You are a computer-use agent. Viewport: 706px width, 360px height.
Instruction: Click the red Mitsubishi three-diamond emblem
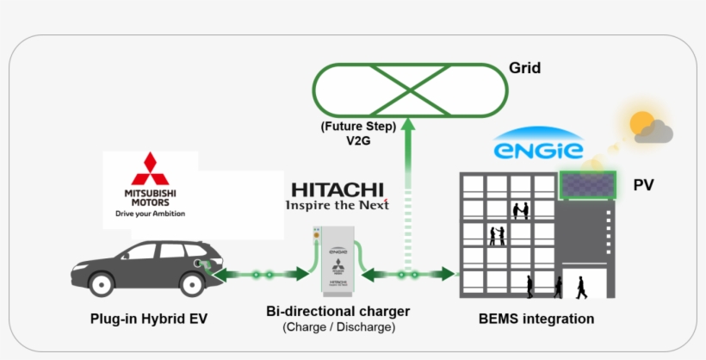pos(151,166)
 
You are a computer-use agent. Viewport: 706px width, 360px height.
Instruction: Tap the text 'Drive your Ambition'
pos(151,213)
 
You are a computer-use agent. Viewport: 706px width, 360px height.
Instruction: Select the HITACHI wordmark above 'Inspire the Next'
pos(338,189)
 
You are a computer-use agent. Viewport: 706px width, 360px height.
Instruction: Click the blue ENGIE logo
pos(538,149)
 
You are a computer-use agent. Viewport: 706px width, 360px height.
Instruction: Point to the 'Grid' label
pos(524,68)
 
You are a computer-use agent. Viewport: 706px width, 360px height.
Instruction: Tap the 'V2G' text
pos(359,140)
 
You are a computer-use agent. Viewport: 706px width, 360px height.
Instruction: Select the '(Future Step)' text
pos(358,127)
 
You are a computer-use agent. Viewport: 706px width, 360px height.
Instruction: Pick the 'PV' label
pos(644,185)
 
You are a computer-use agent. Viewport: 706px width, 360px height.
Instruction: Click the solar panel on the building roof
pos(587,184)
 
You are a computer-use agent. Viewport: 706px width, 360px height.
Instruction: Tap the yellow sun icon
pos(642,123)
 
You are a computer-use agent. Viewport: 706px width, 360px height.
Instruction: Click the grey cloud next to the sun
pos(657,132)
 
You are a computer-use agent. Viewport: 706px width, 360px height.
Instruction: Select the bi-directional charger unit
pos(335,259)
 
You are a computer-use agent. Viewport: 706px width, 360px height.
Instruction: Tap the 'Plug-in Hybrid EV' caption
pos(149,319)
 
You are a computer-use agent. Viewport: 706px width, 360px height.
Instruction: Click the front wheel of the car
pos(102,283)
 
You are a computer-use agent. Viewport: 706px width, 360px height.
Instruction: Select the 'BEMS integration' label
pos(536,319)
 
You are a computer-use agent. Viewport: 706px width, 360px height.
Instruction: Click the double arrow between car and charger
pos(257,274)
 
